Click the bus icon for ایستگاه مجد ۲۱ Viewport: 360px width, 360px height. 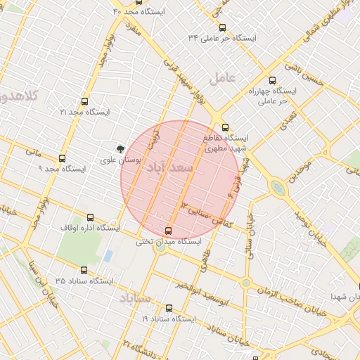85,101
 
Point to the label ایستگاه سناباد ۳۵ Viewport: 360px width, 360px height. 84,281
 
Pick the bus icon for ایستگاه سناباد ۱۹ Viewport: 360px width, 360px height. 168,308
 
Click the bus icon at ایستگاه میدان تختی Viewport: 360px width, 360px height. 168,231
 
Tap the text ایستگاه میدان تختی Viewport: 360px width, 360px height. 168,241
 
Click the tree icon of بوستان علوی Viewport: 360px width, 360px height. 120,148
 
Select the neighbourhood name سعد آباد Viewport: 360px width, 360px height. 172,169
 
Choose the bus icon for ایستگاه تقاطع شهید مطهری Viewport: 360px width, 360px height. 225,127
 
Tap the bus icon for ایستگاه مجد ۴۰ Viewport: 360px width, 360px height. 118,2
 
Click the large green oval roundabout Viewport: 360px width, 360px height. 278,188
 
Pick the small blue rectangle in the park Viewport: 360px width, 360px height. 108,255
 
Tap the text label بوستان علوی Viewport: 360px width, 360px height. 123,161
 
